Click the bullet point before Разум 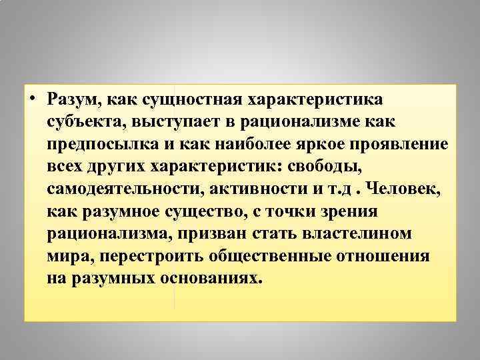coord(33,99)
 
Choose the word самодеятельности coord(124,189)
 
